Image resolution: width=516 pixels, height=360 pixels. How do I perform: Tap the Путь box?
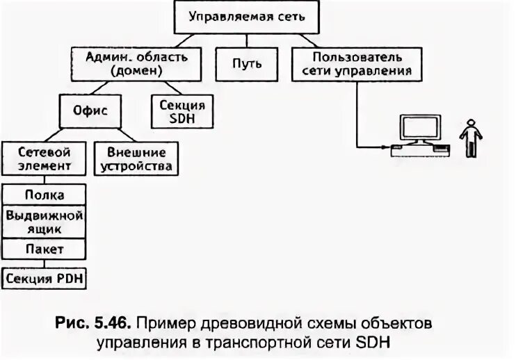(x=248, y=63)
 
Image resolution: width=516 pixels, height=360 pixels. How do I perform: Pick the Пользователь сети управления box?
(x=357, y=63)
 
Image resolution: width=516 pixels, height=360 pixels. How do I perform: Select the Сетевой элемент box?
(x=45, y=158)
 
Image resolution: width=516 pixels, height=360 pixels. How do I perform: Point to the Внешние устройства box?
(x=137, y=158)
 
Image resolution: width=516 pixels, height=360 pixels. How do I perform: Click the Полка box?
(x=45, y=195)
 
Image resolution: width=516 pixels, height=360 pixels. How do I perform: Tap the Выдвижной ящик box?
(x=45, y=220)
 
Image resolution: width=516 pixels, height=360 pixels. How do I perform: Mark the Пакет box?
(x=45, y=247)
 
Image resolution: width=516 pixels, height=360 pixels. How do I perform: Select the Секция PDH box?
(x=45, y=279)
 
